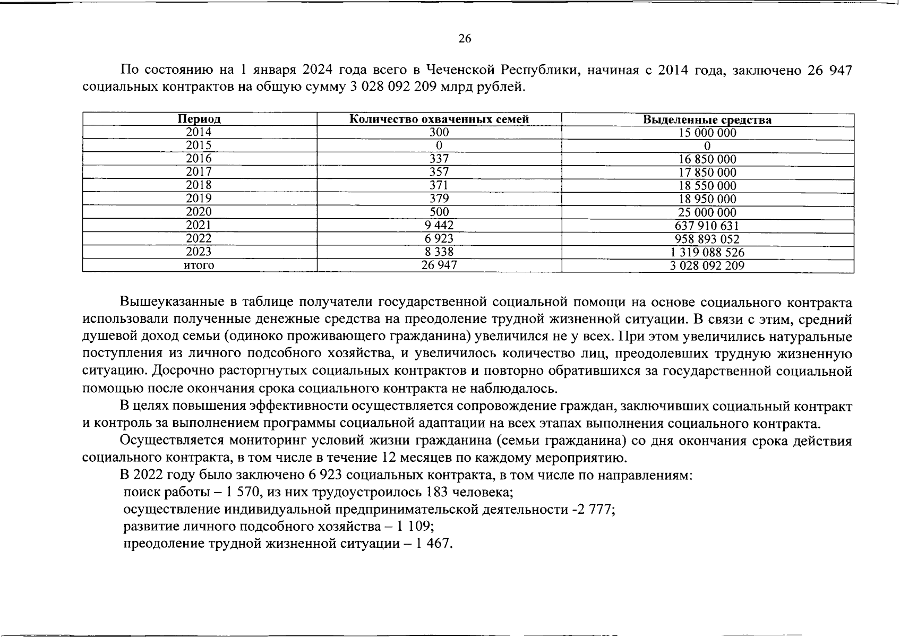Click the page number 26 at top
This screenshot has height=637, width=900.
[x=465, y=39]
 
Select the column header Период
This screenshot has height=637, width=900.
[x=199, y=119]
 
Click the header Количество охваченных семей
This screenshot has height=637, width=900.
[x=439, y=119]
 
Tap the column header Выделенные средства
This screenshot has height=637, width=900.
[x=707, y=120]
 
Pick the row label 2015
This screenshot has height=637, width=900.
[x=199, y=145]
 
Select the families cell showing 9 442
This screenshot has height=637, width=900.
[x=439, y=225]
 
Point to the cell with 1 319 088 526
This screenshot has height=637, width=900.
[x=707, y=253]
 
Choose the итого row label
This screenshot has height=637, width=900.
[x=199, y=265]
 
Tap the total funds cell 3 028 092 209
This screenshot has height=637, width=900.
[x=707, y=266]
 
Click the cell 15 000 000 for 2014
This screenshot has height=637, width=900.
[x=707, y=133]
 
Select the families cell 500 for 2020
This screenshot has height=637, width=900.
[x=439, y=212]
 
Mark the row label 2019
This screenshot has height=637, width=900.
[x=199, y=199]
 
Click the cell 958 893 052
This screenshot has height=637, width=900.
[x=707, y=239]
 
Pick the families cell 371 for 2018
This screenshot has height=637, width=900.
[x=439, y=185]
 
